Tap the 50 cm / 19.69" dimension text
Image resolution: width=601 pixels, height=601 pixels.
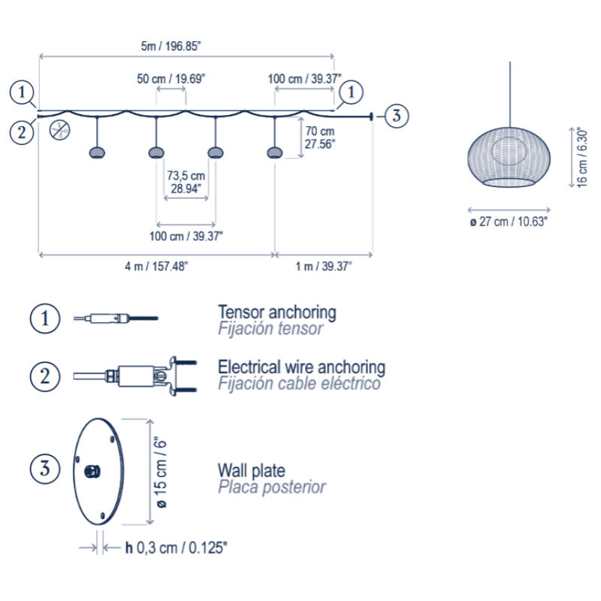[x=171, y=78]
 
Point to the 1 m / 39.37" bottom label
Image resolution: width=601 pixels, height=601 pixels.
[x=323, y=266]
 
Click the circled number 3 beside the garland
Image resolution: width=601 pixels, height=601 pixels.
[x=398, y=116]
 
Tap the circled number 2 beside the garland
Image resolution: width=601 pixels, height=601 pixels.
[x=22, y=131]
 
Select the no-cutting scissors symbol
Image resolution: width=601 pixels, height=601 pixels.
[x=60, y=129]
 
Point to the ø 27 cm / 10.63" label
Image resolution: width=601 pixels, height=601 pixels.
[x=509, y=222]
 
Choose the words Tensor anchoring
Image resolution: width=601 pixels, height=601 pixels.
[x=276, y=311]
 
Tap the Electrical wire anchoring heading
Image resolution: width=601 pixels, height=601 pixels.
[x=301, y=367]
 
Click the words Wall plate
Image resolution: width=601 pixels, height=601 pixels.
[x=251, y=471]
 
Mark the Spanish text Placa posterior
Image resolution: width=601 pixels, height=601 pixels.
[x=271, y=488]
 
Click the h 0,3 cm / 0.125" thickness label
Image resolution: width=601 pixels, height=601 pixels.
[x=176, y=548]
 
